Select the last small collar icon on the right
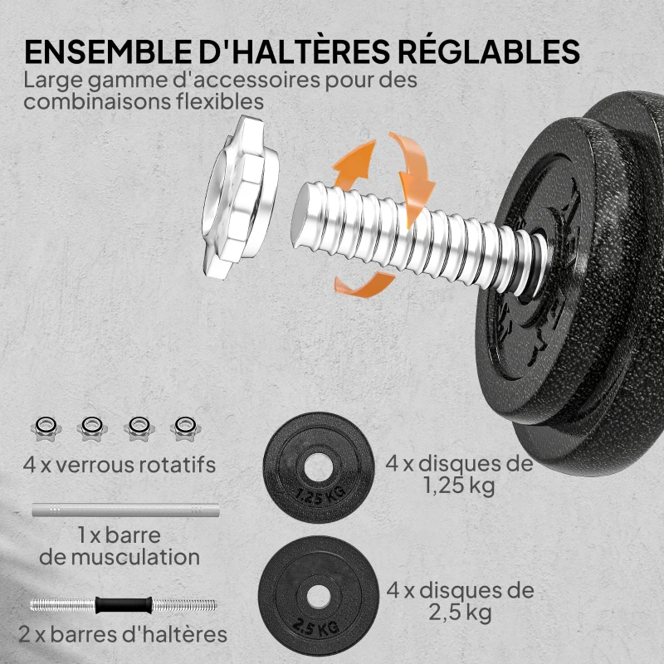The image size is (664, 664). [182, 427]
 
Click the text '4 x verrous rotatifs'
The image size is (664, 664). [120, 464]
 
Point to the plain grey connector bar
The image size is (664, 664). [125, 509]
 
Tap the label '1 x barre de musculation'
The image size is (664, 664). [120, 545]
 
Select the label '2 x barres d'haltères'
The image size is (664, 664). [122, 636]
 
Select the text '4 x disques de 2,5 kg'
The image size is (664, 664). [460, 602]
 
